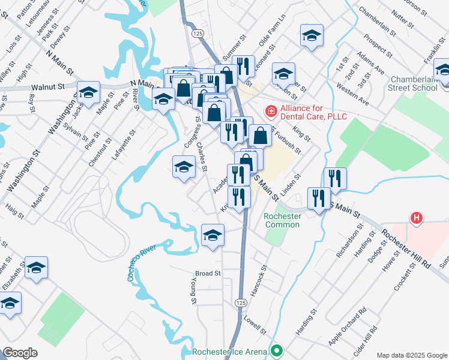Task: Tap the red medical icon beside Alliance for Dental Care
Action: point(271,111)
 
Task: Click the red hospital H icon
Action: point(415,218)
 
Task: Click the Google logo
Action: point(20,353)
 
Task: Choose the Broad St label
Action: point(208,274)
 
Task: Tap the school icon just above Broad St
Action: point(212,235)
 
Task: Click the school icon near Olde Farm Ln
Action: point(312,35)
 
